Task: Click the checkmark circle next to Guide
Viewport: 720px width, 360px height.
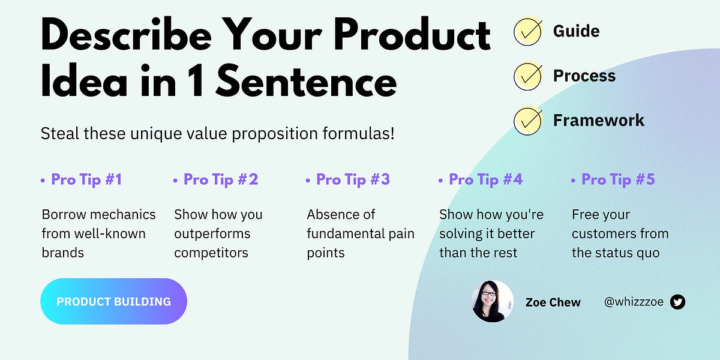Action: click(x=528, y=31)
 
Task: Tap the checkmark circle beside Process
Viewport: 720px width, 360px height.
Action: click(x=528, y=76)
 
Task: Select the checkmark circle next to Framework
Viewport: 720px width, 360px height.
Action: click(x=528, y=121)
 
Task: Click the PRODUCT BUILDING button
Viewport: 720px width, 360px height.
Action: click(x=113, y=301)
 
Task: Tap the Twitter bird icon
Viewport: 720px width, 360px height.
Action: click(x=677, y=302)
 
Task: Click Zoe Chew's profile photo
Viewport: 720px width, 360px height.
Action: click(x=493, y=301)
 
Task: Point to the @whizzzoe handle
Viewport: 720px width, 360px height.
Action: click(x=634, y=302)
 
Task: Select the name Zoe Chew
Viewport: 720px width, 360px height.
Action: click(x=553, y=302)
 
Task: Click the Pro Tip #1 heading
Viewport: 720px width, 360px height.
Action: click(x=86, y=179)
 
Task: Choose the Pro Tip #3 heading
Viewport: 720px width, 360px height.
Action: click(x=353, y=179)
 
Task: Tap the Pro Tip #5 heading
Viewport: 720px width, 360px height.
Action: click(x=618, y=179)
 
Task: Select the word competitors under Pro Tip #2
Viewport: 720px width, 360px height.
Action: click(x=211, y=253)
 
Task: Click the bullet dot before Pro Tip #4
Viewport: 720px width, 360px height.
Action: click(x=441, y=180)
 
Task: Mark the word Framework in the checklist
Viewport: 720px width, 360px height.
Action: click(x=598, y=121)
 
